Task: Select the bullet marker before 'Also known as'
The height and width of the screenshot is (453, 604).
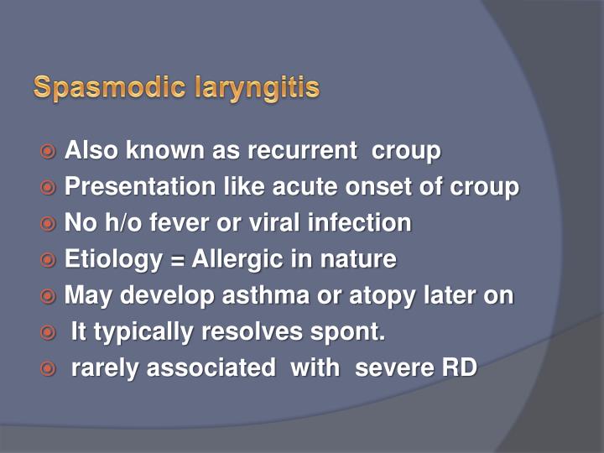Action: [x=49, y=152]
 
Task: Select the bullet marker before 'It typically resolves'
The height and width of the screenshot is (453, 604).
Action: [x=49, y=332]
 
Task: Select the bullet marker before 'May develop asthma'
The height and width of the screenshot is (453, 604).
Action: [x=49, y=296]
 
